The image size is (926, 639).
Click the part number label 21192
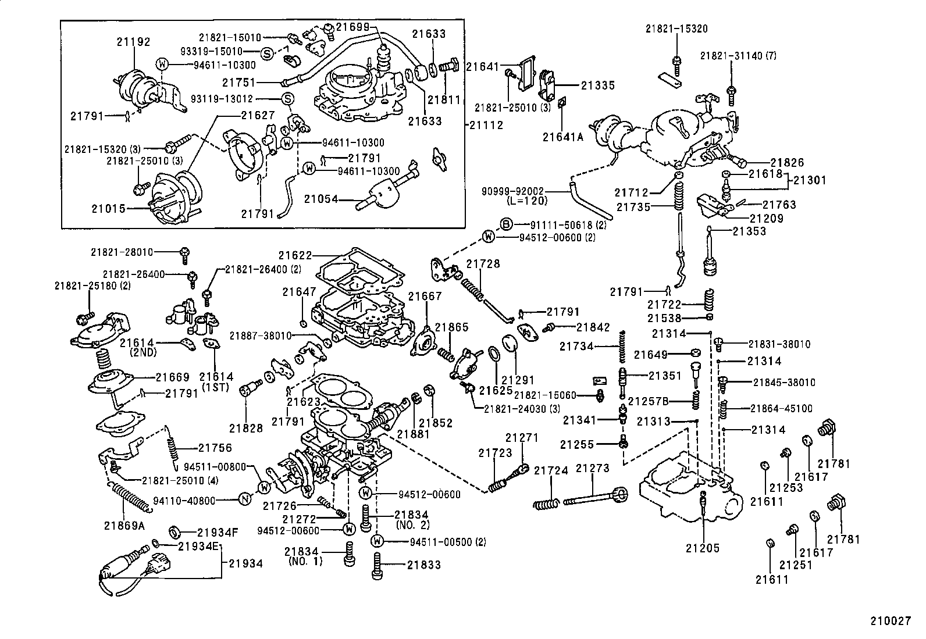pyautogui.click(x=133, y=42)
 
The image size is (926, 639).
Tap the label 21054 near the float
pyautogui.click(x=321, y=199)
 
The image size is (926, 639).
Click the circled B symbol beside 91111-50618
pyautogui.click(x=505, y=224)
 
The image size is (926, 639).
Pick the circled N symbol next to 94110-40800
pyautogui.click(x=245, y=499)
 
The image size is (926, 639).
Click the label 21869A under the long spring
pyautogui.click(x=123, y=526)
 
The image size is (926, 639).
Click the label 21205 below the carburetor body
pyautogui.click(x=702, y=548)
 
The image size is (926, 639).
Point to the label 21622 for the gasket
pyautogui.click(x=295, y=255)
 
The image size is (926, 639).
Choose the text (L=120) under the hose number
pyautogui.click(x=526, y=201)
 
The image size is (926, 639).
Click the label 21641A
pyautogui.click(x=562, y=137)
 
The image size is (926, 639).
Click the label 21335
pyautogui.click(x=597, y=85)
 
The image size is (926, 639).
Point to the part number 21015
pyautogui.click(x=108, y=208)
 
